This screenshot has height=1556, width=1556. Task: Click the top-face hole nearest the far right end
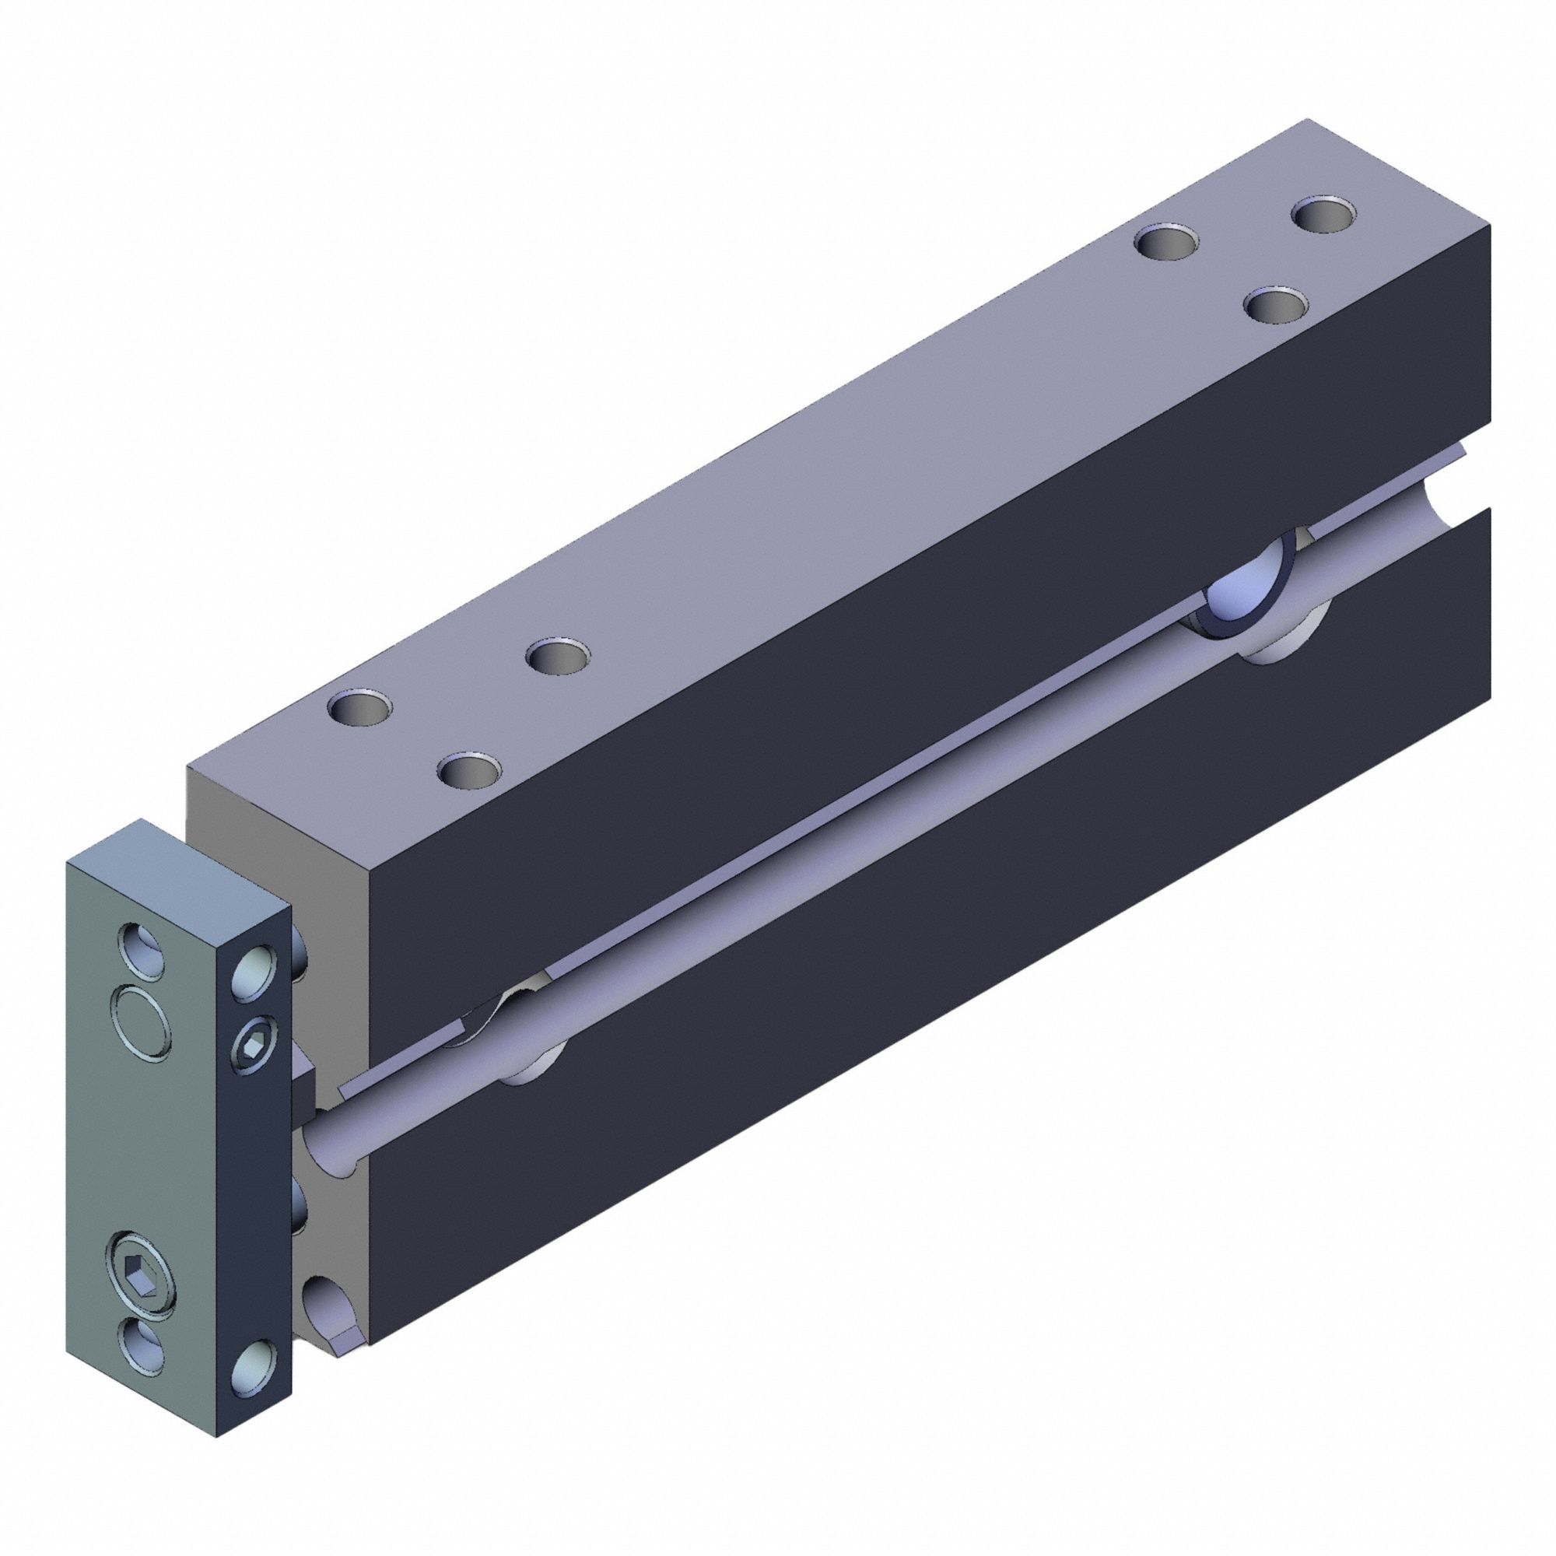[1323, 215]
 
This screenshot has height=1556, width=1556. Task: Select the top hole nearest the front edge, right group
[1275, 304]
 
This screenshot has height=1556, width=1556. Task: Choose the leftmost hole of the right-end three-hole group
[1164, 242]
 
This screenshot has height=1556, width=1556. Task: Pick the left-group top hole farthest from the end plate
[557, 656]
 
